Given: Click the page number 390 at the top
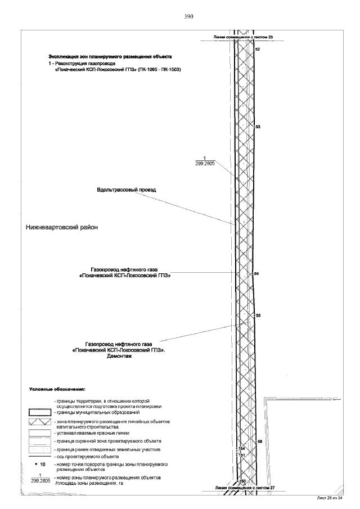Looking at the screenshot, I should pyautogui.click(x=189, y=16).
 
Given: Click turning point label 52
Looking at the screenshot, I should pyautogui.click(x=258, y=50).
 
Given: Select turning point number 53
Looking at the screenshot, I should pyautogui.click(x=258, y=127).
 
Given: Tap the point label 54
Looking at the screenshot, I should pyautogui.click(x=257, y=274).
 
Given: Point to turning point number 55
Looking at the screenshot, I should pyautogui.click(x=258, y=316).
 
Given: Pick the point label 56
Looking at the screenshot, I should pyautogui.click(x=260, y=442).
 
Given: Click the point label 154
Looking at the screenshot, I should pyautogui.click(x=242, y=449).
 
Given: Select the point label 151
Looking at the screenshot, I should pyautogui.click(x=242, y=454).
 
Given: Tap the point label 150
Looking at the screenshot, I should pyautogui.click(x=243, y=481).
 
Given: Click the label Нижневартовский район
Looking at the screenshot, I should pyautogui.click(x=62, y=228).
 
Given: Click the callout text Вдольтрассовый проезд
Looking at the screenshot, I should pyautogui.click(x=126, y=190).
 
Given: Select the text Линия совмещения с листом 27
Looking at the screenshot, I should pyautogui.click(x=247, y=487).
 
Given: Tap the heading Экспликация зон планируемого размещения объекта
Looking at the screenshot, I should pyautogui.click(x=110, y=57).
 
